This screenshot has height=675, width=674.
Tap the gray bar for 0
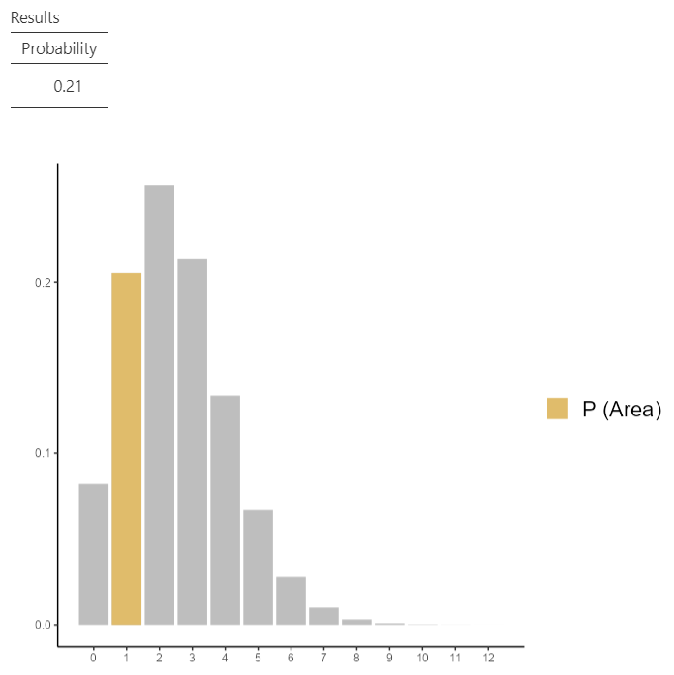click(93, 554)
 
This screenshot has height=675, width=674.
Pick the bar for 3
click(192, 442)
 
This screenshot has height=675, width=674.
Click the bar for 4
click(225, 509)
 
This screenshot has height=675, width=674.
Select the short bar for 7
click(323, 616)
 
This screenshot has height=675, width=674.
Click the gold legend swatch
click(558, 409)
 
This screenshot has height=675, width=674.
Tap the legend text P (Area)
click(621, 410)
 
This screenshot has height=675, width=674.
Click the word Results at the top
click(35, 17)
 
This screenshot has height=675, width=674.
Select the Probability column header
click(59, 48)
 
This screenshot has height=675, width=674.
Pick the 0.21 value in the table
click(68, 86)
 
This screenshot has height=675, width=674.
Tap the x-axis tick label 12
click(488, 658)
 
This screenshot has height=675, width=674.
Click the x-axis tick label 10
click(422, 658)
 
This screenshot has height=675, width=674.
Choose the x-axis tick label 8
click(356, 658)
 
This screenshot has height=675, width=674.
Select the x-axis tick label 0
click(93, 658)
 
